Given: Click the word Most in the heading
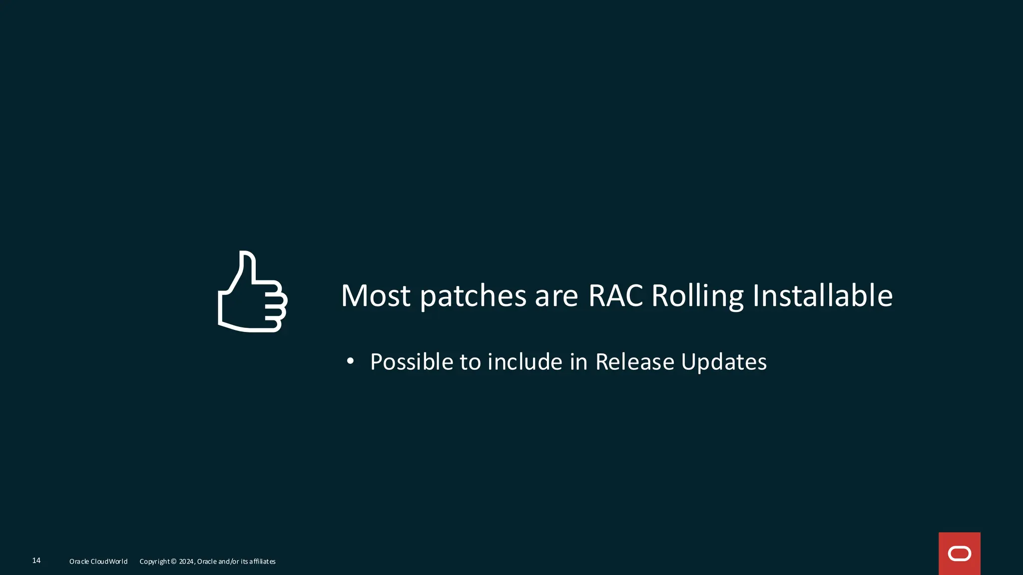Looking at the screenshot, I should (x=376, y=295).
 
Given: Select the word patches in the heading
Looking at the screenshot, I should (x=473, y=295).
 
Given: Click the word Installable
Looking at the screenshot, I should (x=822, y=295).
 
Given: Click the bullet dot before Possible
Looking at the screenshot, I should (x=350, y=361).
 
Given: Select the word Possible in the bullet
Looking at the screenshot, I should (x=411, y=362).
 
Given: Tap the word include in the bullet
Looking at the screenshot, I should (x=524, y=362).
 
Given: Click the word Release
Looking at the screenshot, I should (x=634, y=362).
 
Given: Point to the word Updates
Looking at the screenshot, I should (x=724, y=362).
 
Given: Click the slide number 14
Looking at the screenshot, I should (x=36, y=561).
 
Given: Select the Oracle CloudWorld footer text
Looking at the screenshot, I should (x=98, y=562).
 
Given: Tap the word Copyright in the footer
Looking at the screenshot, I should (x=154, y=562).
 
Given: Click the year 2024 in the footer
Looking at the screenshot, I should (x=186, y=562).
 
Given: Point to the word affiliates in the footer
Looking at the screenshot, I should (x=262, y=562).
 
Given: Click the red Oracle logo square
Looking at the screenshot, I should (x=959, y=554).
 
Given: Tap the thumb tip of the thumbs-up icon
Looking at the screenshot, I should (x=247, y=255).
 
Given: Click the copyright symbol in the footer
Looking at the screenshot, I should (x=173, y=562).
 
